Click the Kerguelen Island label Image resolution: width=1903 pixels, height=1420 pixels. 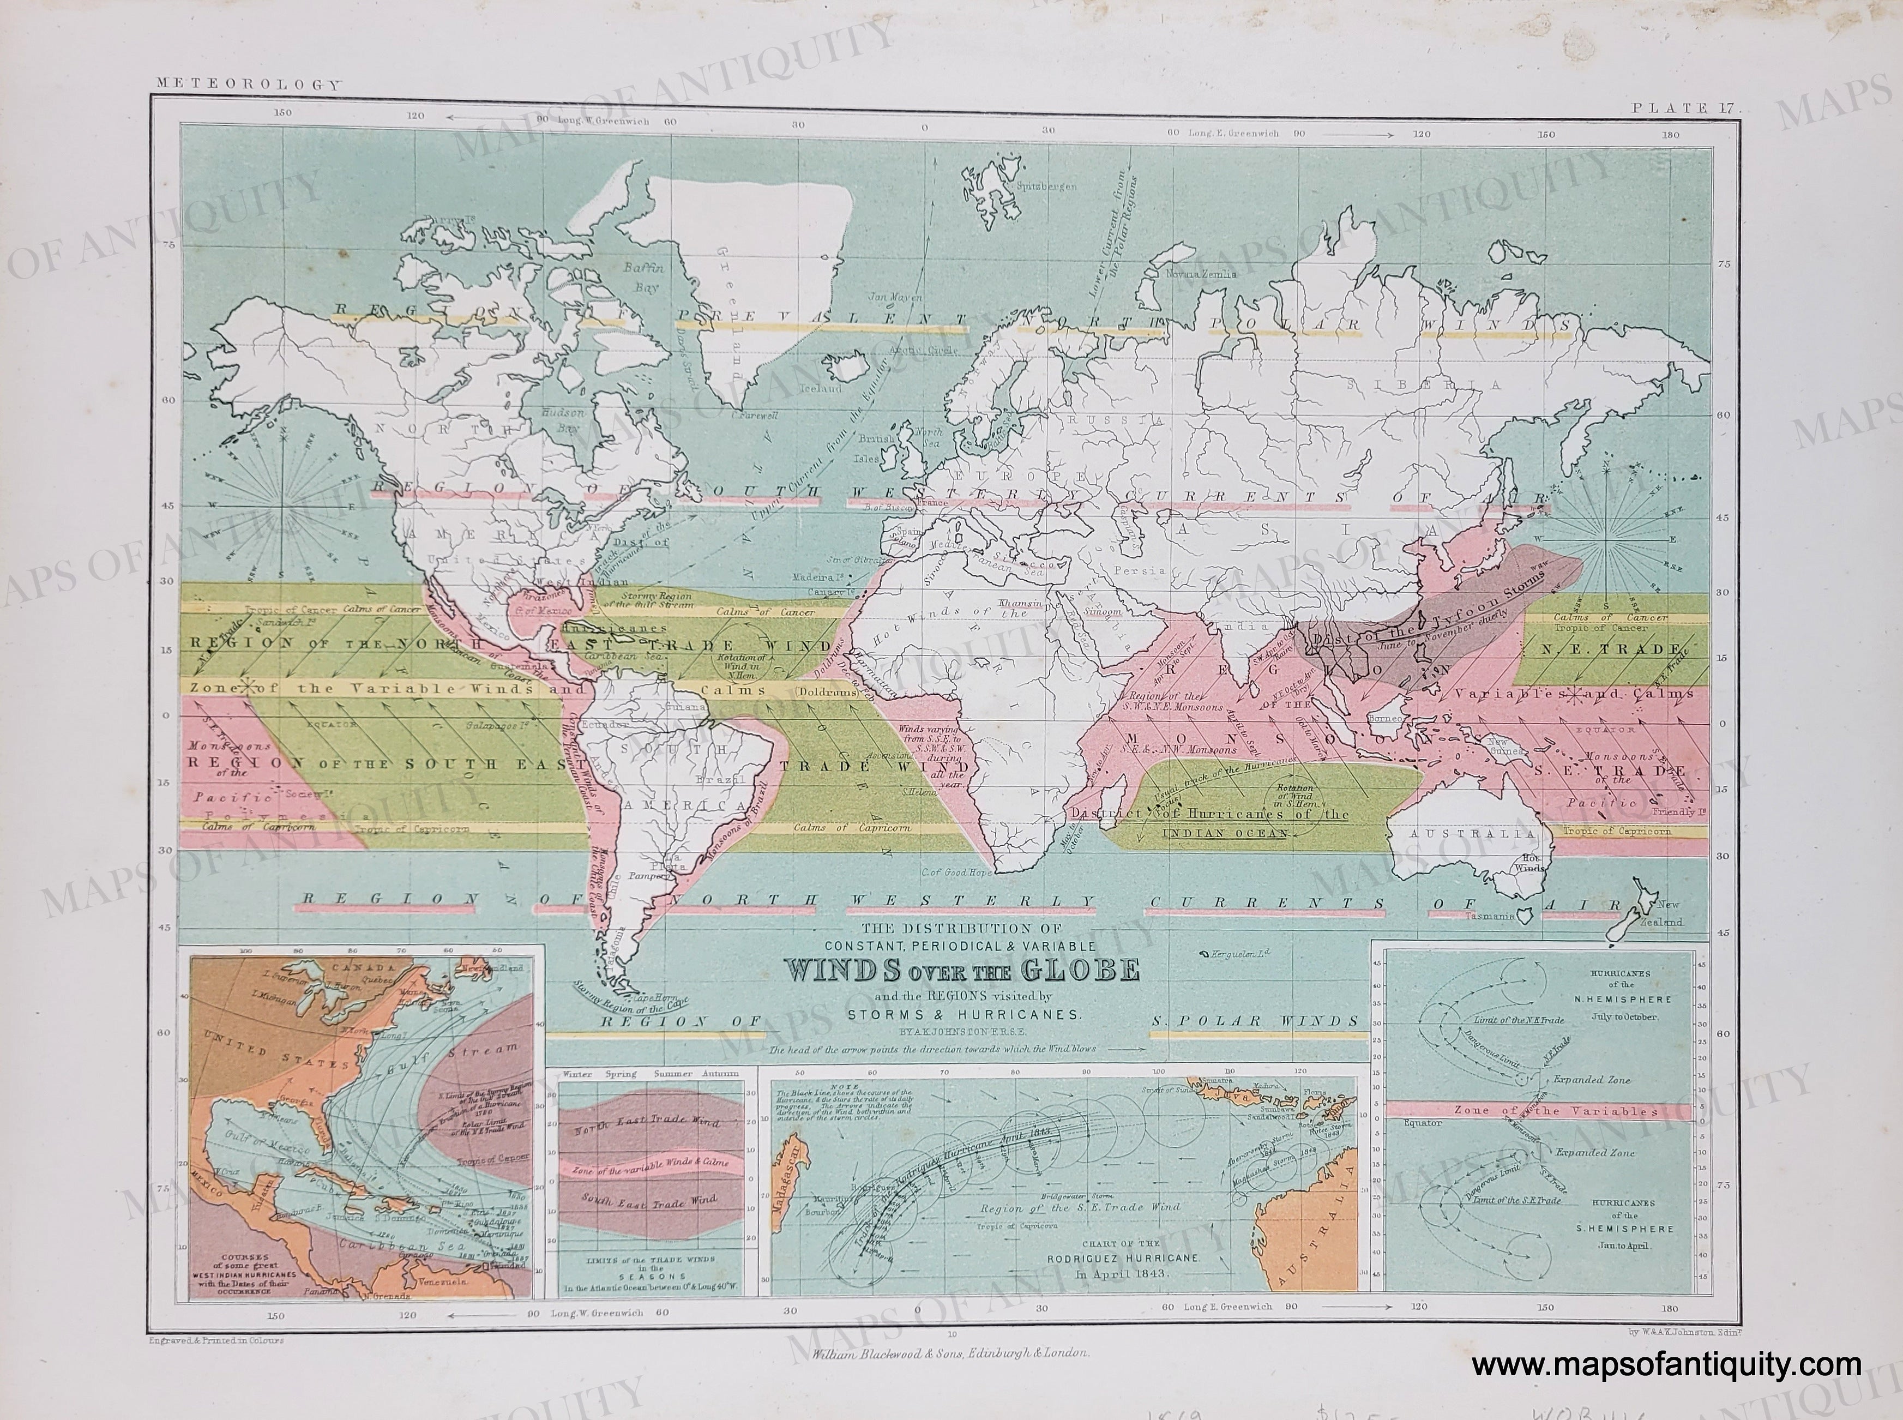pyautogui.click(x=1238, y=955)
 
